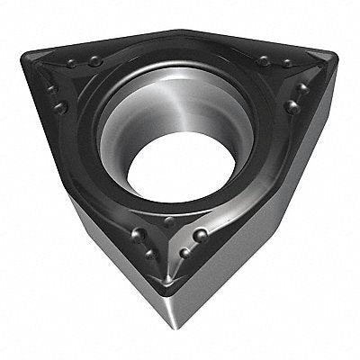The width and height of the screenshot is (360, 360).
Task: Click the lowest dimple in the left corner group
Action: [61, 108]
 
